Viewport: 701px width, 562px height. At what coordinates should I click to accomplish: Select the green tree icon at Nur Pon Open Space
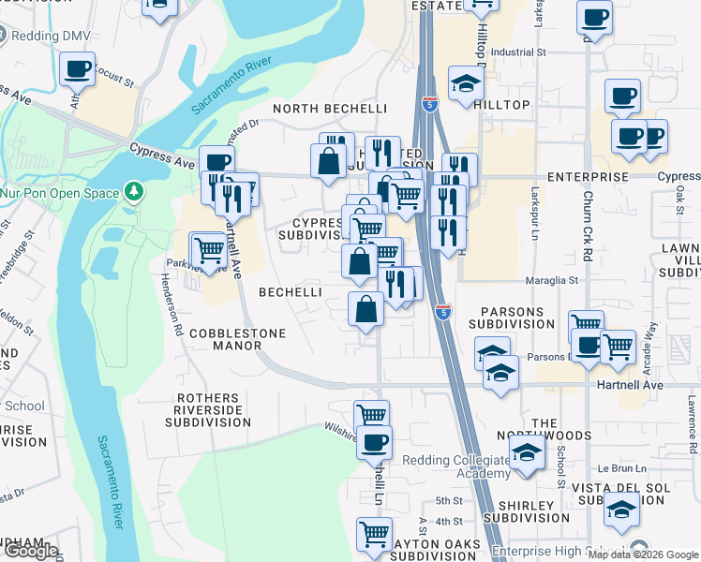coord(134,193)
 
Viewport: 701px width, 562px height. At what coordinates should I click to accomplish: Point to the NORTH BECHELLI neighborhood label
coord(330,109)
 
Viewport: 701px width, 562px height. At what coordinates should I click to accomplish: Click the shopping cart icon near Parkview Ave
coord(208,249)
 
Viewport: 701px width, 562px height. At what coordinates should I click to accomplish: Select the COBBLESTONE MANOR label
coord(225,339)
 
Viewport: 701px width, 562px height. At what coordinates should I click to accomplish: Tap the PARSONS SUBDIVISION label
coord(518,317)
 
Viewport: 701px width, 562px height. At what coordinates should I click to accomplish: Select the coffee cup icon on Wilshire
coord(375,441)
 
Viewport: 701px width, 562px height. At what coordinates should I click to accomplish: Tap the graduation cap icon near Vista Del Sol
coord(622,510)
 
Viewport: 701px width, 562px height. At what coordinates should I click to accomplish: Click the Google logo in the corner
coord(30,551)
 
